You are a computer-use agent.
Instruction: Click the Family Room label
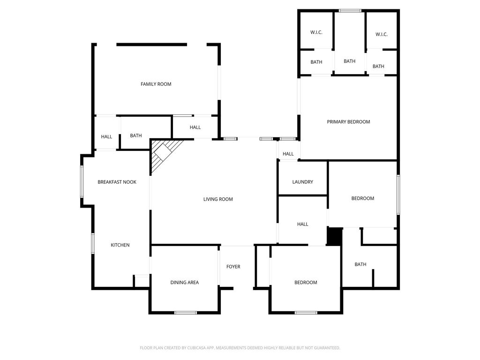click(x=156, y=84)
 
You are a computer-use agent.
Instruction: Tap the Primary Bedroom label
click(x=348, y=121)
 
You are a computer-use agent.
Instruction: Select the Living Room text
click(x=218, y=199)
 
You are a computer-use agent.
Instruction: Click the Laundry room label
click(x=302, y=182)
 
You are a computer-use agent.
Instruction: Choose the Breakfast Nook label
click(x=117, y=182)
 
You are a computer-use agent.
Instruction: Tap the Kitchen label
click(x=120, y=245)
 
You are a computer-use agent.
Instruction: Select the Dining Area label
click(x=185, y=282)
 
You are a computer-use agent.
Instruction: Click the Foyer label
click(x=233, y=267)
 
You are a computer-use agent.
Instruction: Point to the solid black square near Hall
click(x=335, y=236)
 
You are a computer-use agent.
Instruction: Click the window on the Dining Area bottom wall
click(x=186, y=313)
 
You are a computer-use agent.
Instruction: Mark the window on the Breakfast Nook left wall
click(x=82, y=181)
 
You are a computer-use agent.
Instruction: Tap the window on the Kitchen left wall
click(x=93, y=243)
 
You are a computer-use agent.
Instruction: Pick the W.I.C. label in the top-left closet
click(x=316, y=32)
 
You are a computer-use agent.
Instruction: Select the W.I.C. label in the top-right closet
click(x=382, y=34)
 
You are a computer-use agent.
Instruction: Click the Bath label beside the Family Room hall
click(x=136, y=135)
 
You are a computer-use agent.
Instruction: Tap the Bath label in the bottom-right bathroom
click(x=360, y=264)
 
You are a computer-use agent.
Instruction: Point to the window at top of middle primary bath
click(x=350, y=11)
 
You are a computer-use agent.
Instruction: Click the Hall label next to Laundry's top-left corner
click(x=288, y=154)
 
